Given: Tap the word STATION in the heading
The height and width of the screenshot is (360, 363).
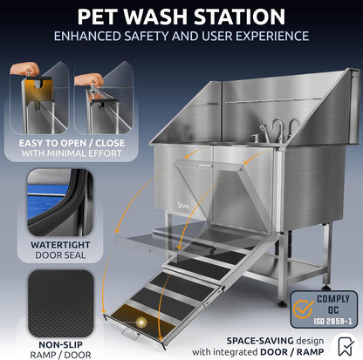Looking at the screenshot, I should click(236, 17).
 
